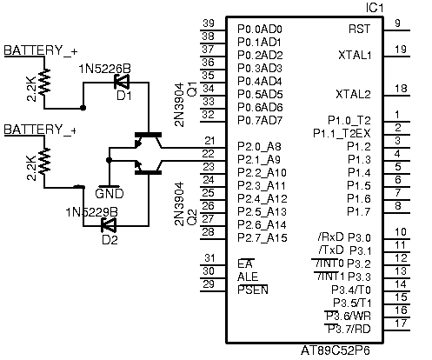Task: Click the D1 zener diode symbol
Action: point(122,83)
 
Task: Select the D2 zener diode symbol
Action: point(109,225)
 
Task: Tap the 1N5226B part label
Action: point(105,69)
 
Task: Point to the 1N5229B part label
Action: point(92,212)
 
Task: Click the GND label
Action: point(110,193)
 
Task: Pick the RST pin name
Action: point(359,29)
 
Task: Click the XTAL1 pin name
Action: point(355,55)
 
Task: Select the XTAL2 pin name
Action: point(353,94)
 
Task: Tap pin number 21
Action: point(209,141)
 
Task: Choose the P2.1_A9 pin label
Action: point(259,159)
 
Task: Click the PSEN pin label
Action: point(253,290)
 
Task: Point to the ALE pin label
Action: point(248,277)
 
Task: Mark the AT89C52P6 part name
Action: point(336,350)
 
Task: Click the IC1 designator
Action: point(375,8)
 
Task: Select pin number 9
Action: point(398,23)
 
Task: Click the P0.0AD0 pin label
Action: point(260,29)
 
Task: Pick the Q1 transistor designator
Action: point(192,89)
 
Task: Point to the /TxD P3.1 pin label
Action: point(344,250)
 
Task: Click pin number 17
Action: point(401,323)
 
